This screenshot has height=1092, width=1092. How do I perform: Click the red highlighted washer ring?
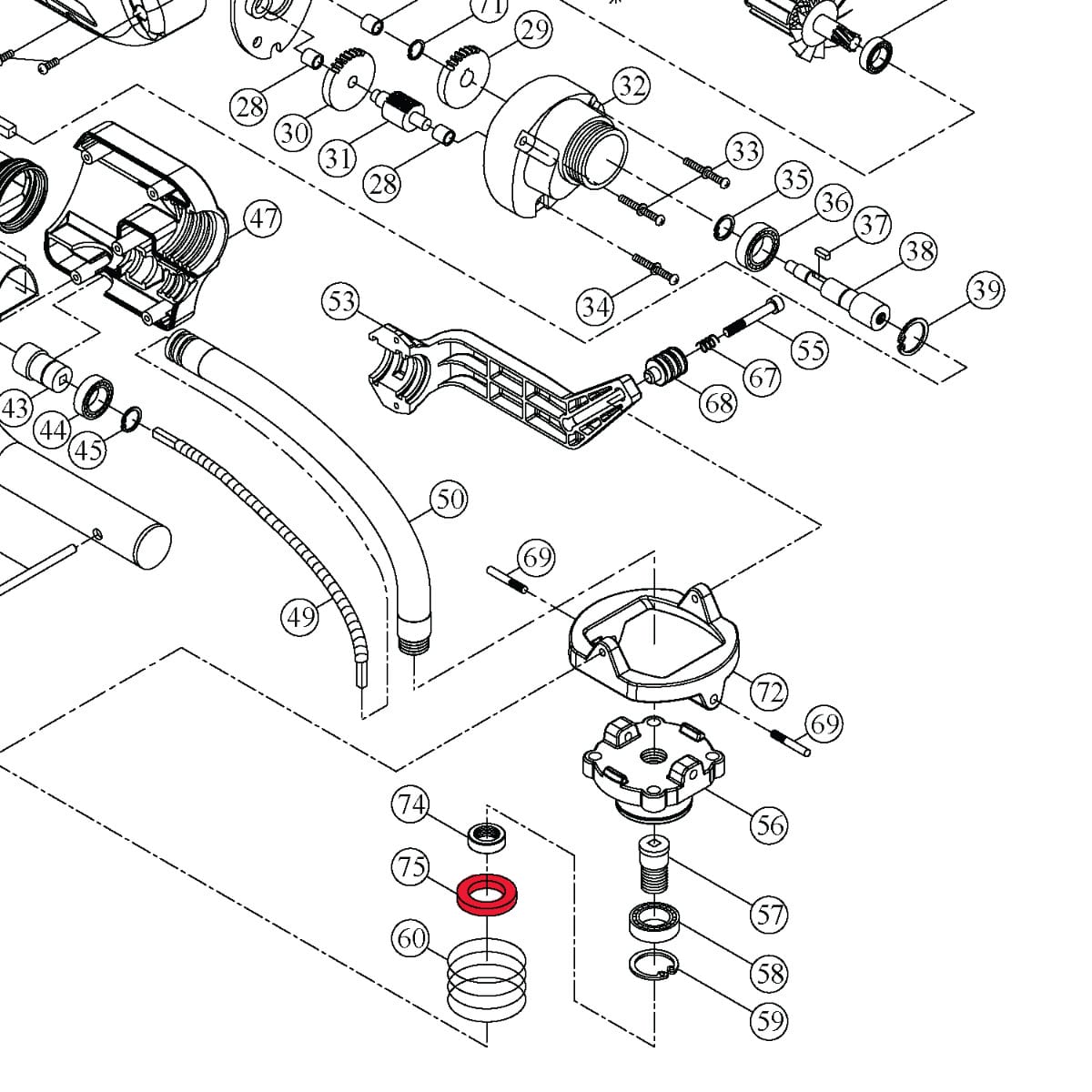pyautogui.click(x=488, y=895)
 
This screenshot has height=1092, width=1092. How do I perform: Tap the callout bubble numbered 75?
pyautogui.click(x=411, y=866)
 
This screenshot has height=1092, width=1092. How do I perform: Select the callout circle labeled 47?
pyautogui.click(x=264, y=219)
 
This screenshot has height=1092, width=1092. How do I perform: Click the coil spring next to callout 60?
pyautogui.click(x=488, y=981)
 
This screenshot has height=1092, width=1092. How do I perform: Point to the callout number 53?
pyautogui.click(x=342, y=301)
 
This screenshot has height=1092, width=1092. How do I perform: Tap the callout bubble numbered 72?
pyautogui.click(x=770, y=693)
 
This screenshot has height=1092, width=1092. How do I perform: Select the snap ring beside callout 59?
pyautogui.click(x=654, y=965)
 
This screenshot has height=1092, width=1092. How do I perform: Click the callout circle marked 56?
pyautogui.click(x=770, y=825)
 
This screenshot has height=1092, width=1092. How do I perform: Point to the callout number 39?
pyautogui.click(x=986, y=291)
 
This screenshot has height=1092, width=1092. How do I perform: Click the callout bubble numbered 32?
pyautogui.click(x=632, y=86)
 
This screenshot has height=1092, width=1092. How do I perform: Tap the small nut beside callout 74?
pyautogui.click(x=488, y=834)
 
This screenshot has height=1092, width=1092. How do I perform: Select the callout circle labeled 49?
pyautogui.click(x=300, y=618)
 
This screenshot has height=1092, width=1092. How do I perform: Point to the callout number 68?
pyautogui.click(x=719, y=402)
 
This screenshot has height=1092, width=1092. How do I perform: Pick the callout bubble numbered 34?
pyautogui.click(x=596, y=307)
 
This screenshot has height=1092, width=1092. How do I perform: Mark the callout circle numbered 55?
pyautogui.click(x=810, y=349)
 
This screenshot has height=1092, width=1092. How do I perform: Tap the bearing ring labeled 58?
pyautogui.click(x=654, y=923)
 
